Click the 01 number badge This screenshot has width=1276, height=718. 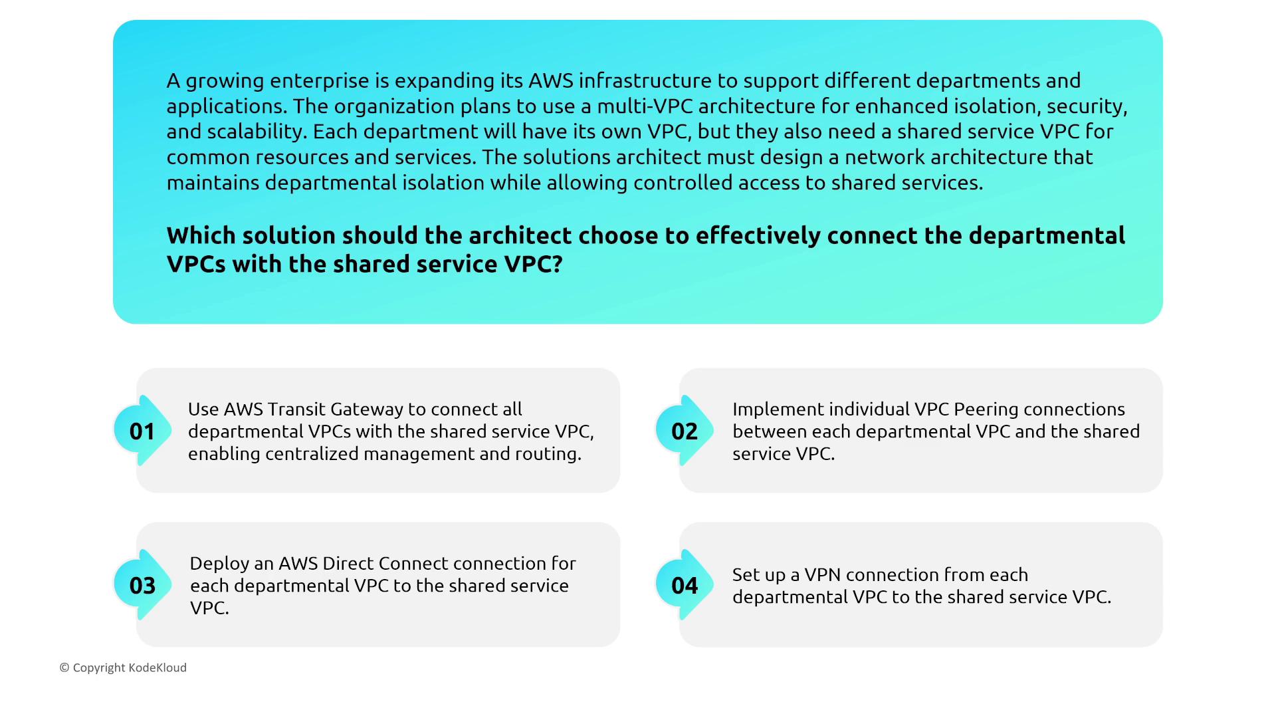pos(142,431)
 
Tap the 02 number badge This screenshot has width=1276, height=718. pos(685,431)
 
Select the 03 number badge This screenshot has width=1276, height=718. pos(142,585)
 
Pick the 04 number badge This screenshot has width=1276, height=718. pos(685,585)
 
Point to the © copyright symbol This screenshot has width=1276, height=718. pos(64,667)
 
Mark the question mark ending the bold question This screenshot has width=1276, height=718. pos(557,264)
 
